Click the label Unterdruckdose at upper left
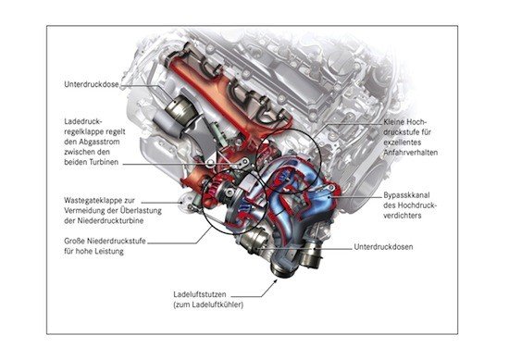coord(92,84)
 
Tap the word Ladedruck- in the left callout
coord(83,121)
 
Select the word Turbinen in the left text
coord(105,162)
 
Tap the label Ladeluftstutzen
coord(200,294)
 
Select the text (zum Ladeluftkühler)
coord(208,304)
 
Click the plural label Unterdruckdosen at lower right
coord(383,247)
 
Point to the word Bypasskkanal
coord(406,195)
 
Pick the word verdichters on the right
coord(403,216)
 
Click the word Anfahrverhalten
coord(411,153)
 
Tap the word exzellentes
coord(403,143)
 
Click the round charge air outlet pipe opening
coord(281,269)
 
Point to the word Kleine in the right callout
coord(393,122)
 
